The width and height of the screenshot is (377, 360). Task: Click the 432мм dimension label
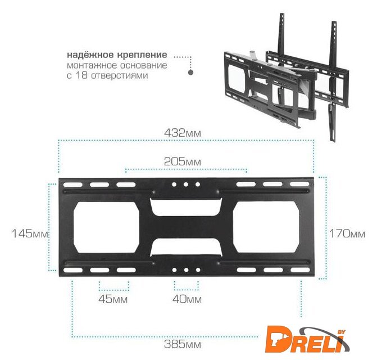tap(183, 133)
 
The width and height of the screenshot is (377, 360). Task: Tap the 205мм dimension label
tap(183, 161)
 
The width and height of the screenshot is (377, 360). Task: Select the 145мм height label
tap(30, 233)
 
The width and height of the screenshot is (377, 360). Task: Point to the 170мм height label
tap(347, 233)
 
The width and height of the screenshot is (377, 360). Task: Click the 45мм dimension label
tap(113, 299)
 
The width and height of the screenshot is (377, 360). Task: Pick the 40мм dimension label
tap(187, 299)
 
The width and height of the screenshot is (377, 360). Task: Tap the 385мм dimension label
tap(183, 344)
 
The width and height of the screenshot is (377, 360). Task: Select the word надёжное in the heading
tap(90, 55)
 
